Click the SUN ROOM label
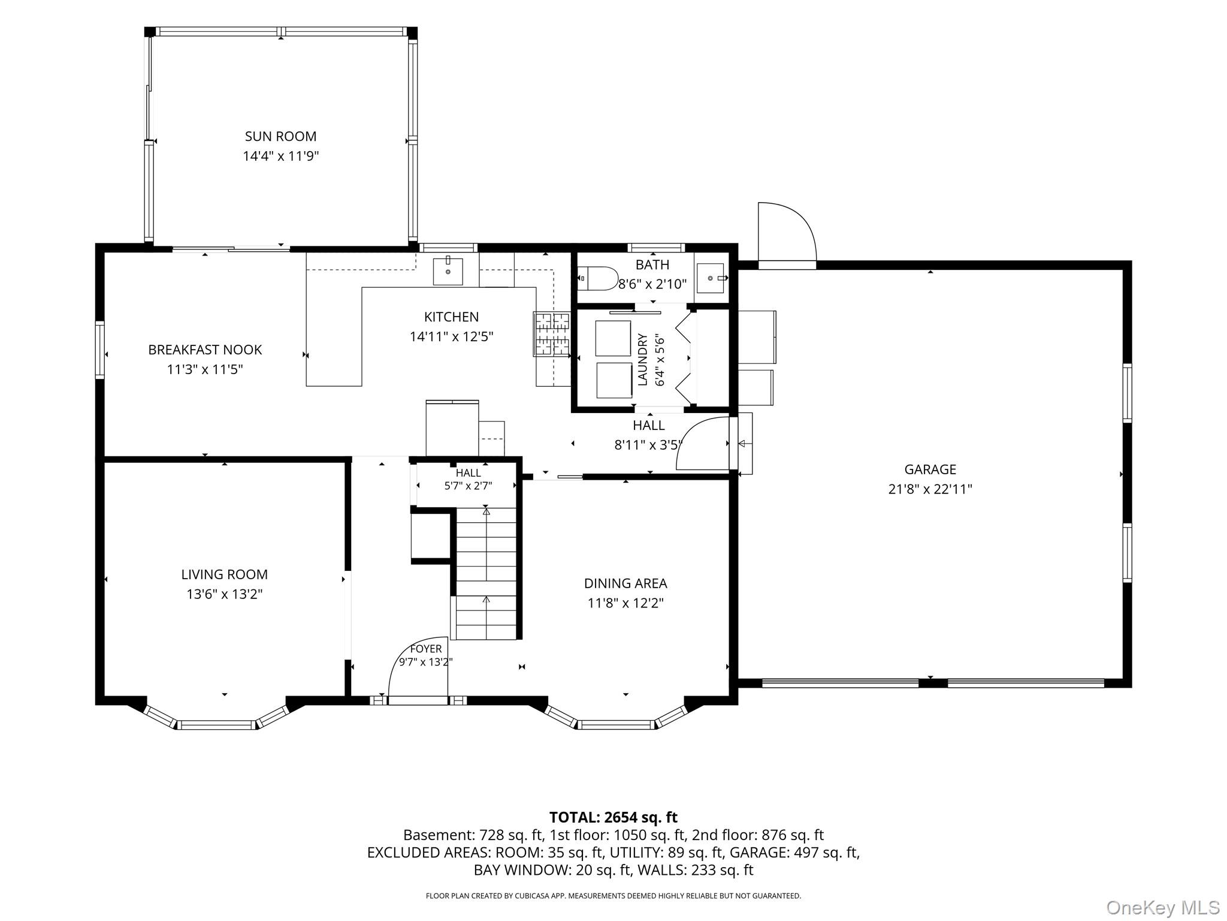(x=280, y=136)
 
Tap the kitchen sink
(x=448, y=271)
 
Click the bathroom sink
(x=712, y=278)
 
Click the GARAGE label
(x=930, y=469)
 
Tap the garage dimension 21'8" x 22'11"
(x=930, y=489)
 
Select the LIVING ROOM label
(x=225, y=574)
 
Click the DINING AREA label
(x=625, y=583)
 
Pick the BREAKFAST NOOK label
(x=205, y=350)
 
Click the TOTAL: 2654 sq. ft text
(x=613, y=817)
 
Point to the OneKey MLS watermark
(x=1162, y=907)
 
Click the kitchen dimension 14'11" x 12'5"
(x=451, y=336)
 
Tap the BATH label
(x=652, y=264)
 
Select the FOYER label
(x=426, y=649)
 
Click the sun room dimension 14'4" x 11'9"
(x=280, y=156)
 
